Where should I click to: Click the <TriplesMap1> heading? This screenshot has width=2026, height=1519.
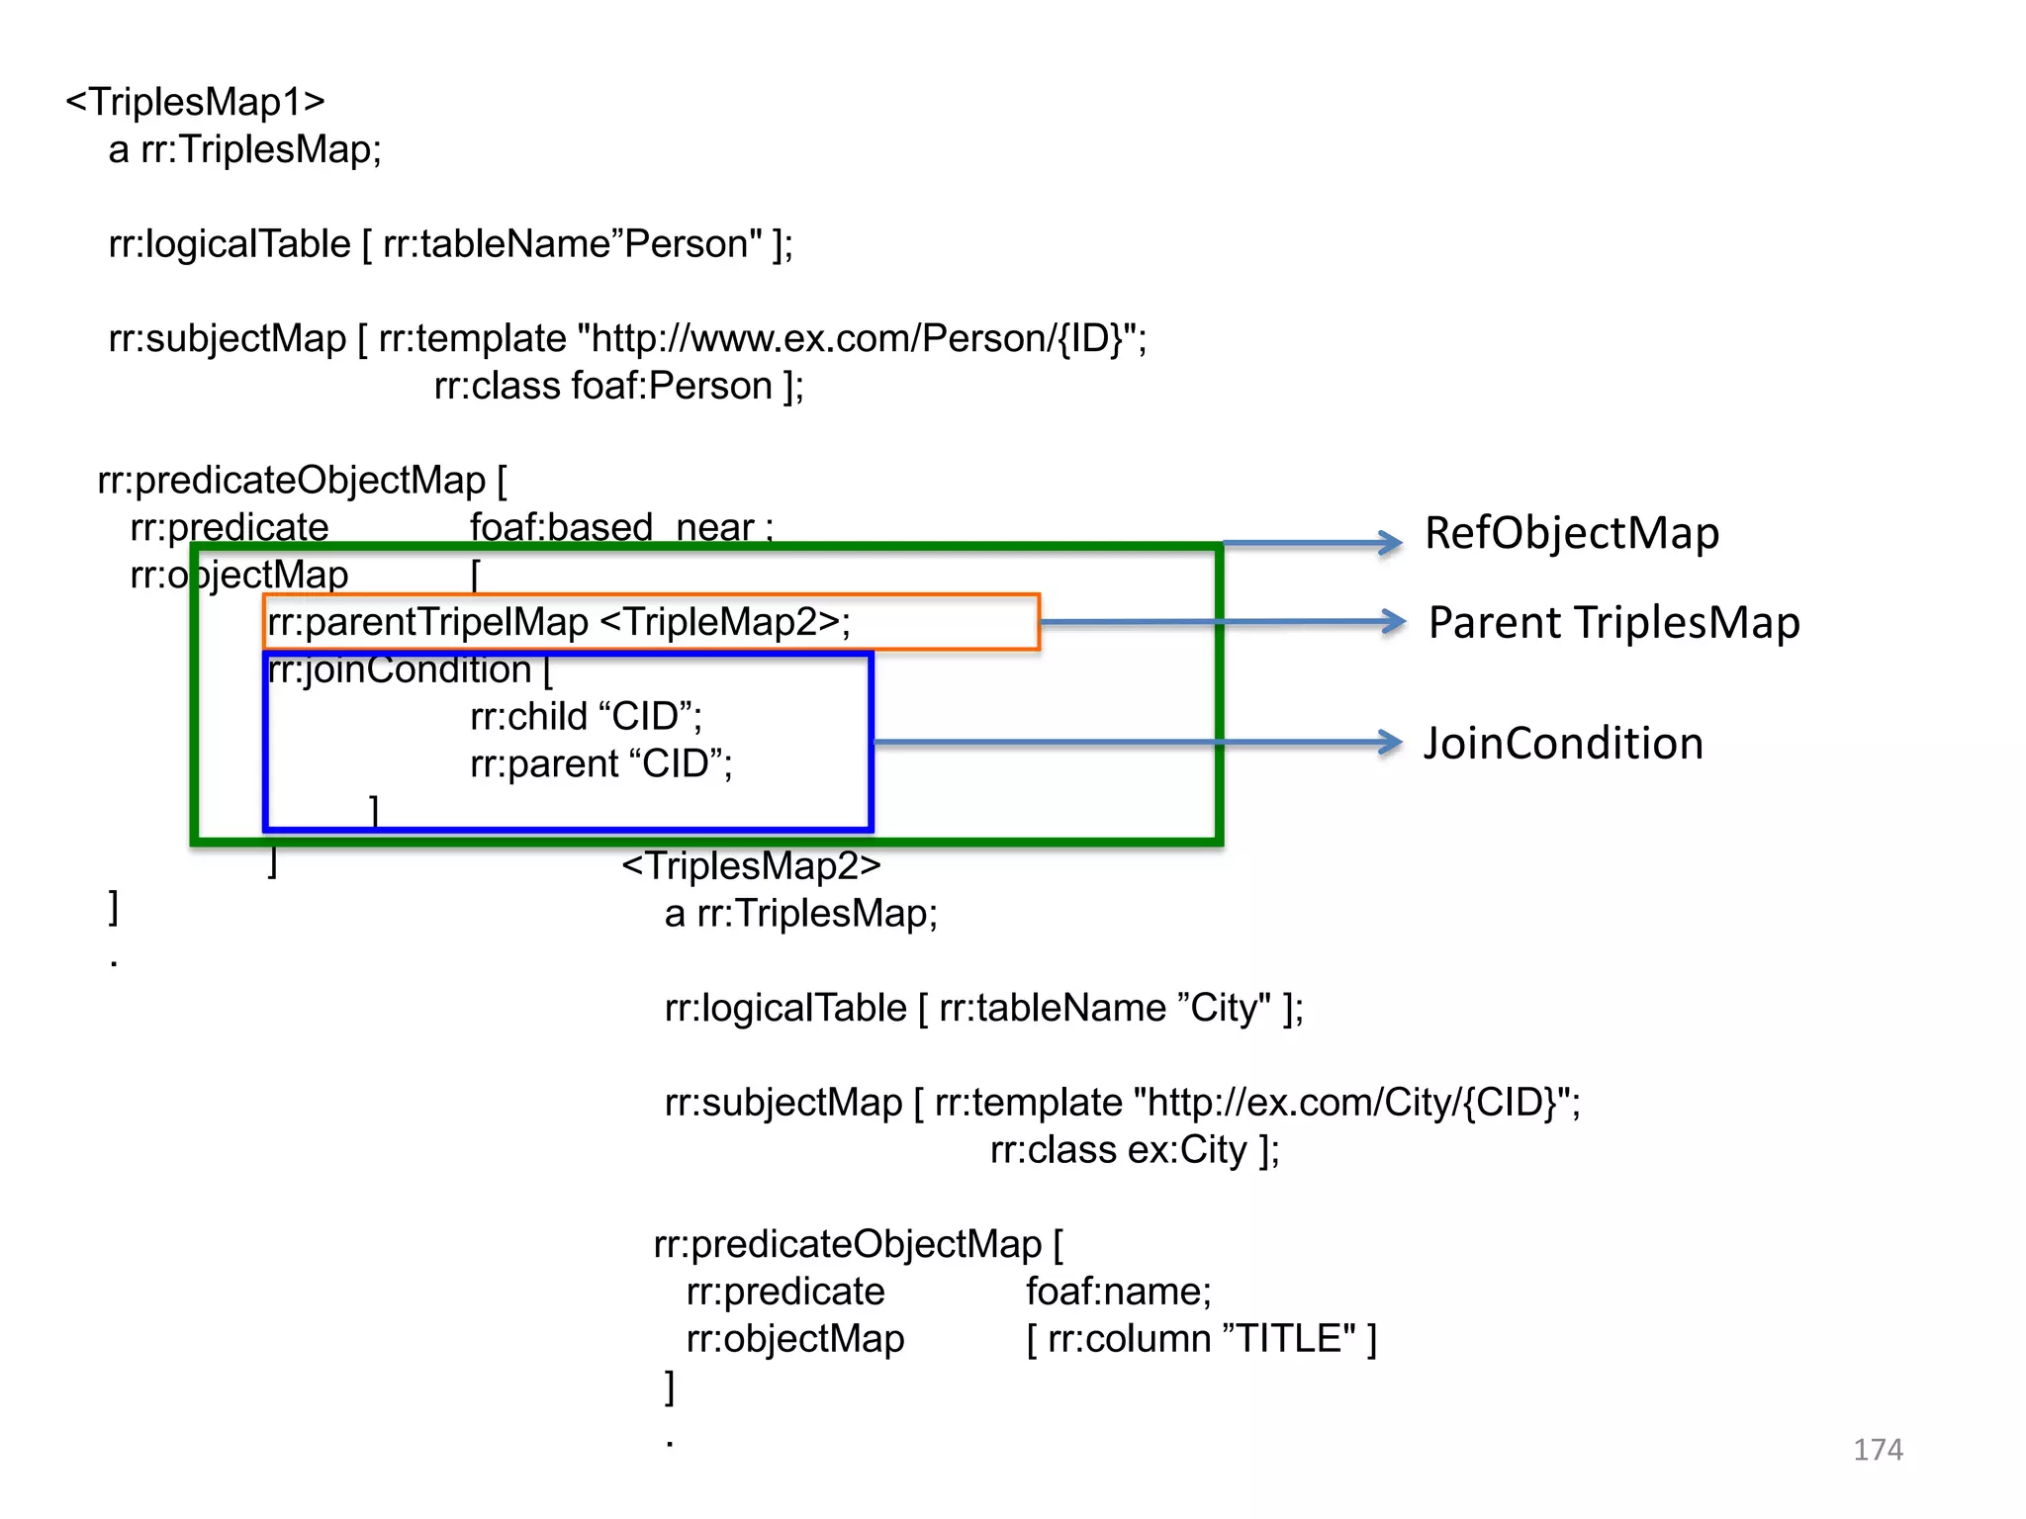pos(195,102)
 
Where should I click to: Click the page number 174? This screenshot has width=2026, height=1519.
pos(1877,1450)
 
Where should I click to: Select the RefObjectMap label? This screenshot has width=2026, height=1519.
pos(1571,533)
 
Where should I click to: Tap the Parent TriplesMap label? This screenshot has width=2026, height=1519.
pos(1613,623)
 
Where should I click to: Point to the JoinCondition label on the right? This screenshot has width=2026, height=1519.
pos(1563,744)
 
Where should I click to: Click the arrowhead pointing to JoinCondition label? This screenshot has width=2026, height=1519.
pos(1390,742)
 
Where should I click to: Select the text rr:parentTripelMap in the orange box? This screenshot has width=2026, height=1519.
pos(427,622)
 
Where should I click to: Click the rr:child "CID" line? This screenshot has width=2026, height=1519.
pos(586,716)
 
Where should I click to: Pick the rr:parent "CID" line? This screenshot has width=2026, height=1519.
pos(600,763)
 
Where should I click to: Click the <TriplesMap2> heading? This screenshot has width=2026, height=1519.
pos(751,865)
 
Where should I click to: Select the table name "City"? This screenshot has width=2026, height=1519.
pos(1225,1008)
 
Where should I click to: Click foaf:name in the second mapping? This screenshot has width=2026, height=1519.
pos(1118,1292)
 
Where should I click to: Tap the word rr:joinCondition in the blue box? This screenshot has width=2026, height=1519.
pos(400,670)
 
